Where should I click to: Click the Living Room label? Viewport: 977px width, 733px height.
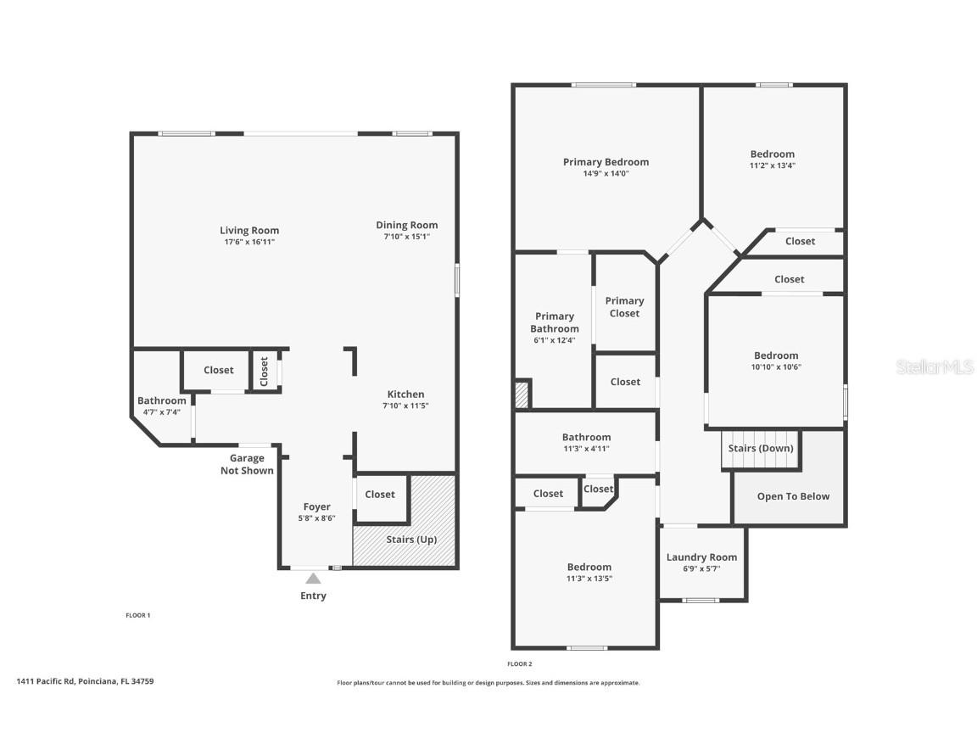click(249, 230)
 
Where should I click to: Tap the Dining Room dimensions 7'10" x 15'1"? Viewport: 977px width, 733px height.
click(407, 238)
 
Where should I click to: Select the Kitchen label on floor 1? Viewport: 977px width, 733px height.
click(405, 394)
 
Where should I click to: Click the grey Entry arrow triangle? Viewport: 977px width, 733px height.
click(313, 579)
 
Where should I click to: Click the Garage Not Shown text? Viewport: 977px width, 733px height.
click(247, 464)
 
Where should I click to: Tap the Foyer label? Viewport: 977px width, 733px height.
click(317, 507)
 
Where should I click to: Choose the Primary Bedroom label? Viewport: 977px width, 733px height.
click(606, 162)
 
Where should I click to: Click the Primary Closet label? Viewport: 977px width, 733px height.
click(624, 307)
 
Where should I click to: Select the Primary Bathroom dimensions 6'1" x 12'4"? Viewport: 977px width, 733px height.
click(555, 340)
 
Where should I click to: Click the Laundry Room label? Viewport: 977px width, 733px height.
click(701, 557)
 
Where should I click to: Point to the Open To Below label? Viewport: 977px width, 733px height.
click(793, 496)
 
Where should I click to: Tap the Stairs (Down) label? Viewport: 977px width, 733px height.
click(761, 448)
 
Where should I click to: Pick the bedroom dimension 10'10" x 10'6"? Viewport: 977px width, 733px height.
click(776, 367)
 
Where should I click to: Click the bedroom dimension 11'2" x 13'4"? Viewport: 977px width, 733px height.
click(773, 166)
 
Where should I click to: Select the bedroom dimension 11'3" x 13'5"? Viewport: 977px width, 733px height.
click(589, 579)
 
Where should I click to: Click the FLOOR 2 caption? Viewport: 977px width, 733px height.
click(520, 663)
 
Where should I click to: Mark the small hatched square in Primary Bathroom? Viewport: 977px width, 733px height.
click(522, 394)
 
